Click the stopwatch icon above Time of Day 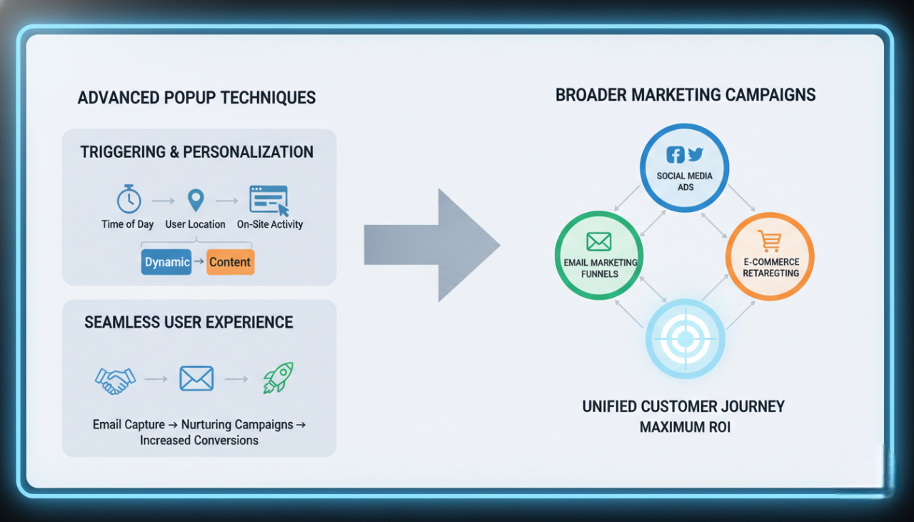[129, 199]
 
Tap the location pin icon [195, 199]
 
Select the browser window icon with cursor [269, 200]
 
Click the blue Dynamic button [167, 262]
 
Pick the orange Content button [230, 262]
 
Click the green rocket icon [278, 378]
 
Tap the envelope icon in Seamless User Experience [196, 378]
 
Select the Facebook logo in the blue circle [675, 155]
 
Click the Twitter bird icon [695, 154]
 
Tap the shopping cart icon [770, 241]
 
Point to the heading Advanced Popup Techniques [196, 98]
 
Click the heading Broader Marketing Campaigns [685, 94]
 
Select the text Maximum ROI [685, 427]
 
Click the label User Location [195, 224]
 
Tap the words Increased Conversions [199, 440]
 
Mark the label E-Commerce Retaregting [770, 267]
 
